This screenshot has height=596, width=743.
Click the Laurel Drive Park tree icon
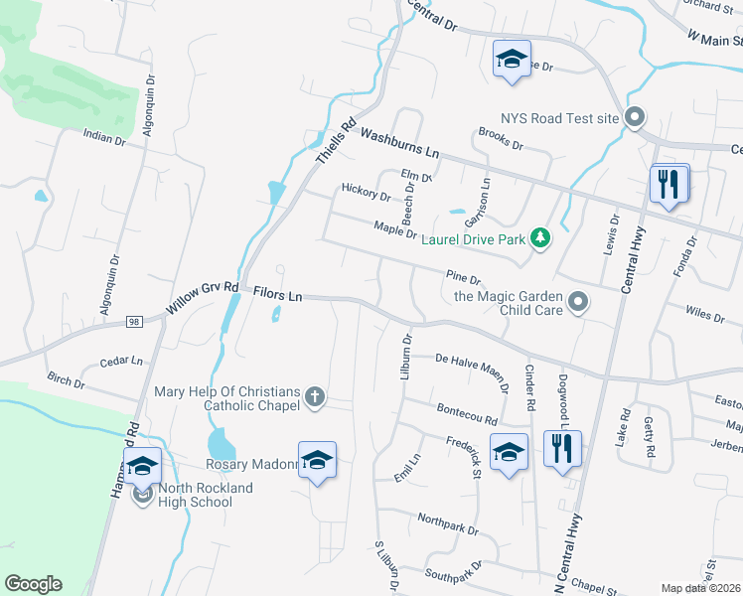click(539, 237)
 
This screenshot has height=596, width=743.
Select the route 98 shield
click(135, 321)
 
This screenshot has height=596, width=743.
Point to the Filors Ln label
click(277, 294)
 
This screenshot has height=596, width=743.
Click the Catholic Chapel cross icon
click(315, 397)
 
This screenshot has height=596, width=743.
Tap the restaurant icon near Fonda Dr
click(669, 184)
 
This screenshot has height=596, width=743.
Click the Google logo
click(33, 584)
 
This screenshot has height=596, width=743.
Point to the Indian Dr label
click(104, 138)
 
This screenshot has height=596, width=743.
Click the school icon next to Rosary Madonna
click(318, 461)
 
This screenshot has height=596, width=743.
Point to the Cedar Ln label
click(121, 363)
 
